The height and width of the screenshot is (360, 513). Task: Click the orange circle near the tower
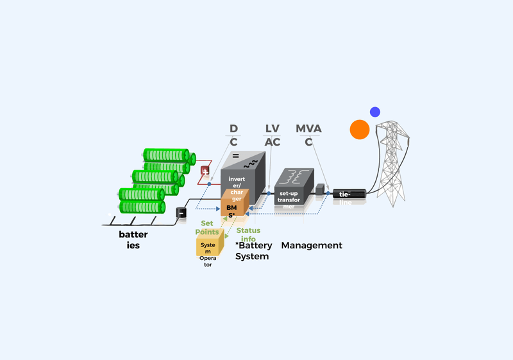pos(359,130)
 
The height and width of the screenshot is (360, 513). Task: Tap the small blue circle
pos(375,112)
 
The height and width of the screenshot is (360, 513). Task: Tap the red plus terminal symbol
pos(205,171)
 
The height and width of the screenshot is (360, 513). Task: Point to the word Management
pos(312,245)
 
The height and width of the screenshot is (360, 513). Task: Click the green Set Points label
pos(207,227)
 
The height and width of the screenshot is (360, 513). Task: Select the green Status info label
pos(248,234)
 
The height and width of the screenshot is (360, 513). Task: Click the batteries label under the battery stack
pos(133,239)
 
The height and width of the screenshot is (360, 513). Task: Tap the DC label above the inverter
pos(233,135)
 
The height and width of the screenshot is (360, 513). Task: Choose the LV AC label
pos(273,135)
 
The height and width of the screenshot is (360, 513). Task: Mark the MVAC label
pos(308,135)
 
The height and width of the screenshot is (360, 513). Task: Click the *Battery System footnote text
pos(253,250)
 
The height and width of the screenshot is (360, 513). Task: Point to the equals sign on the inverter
pos(235,156)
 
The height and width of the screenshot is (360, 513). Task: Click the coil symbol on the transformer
pos(296,175)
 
